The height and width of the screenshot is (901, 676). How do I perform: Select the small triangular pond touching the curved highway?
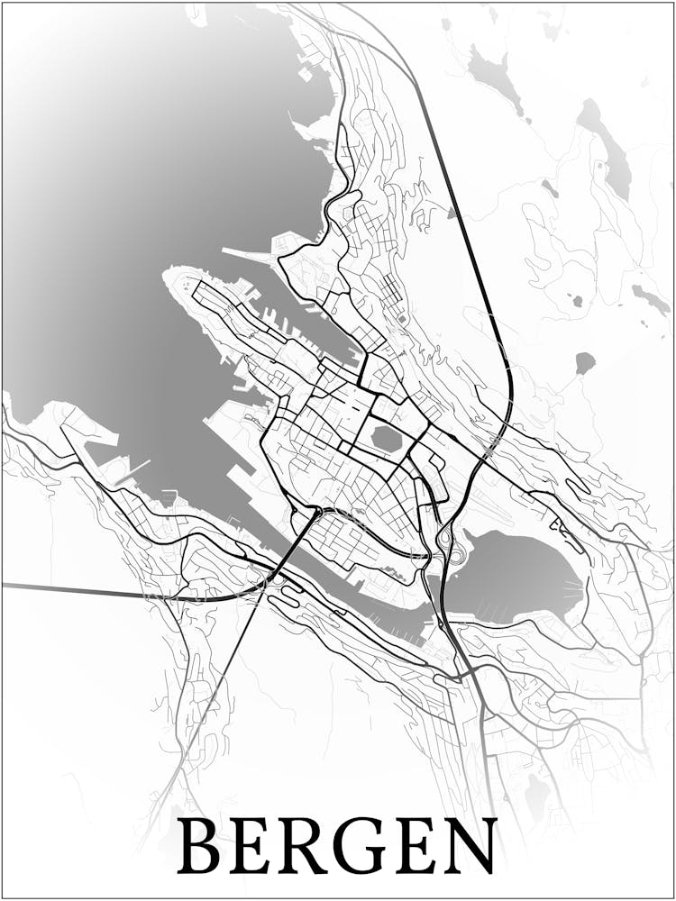(451, 213)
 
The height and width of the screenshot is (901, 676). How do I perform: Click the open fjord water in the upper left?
(135, 180)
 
